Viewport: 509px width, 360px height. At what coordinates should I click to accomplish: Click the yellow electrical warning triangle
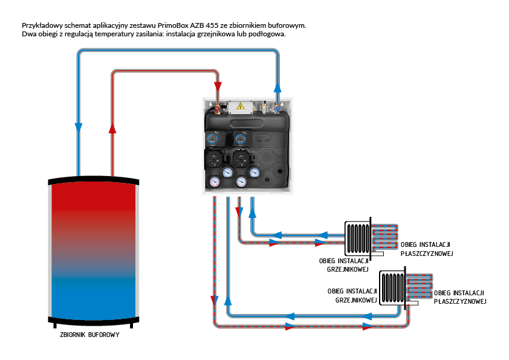(241, 106)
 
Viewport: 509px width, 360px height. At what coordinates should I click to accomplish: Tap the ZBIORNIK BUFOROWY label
(89, 335)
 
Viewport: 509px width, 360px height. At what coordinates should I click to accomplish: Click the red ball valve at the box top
(217, 110)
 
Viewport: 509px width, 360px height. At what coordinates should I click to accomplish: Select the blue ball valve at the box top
(277, 109)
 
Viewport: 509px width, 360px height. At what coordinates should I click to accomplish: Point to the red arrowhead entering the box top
(218, 87)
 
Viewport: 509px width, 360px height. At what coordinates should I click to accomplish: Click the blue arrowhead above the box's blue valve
(277, 87)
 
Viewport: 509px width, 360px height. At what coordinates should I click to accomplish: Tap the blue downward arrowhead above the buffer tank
(79, 128)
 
